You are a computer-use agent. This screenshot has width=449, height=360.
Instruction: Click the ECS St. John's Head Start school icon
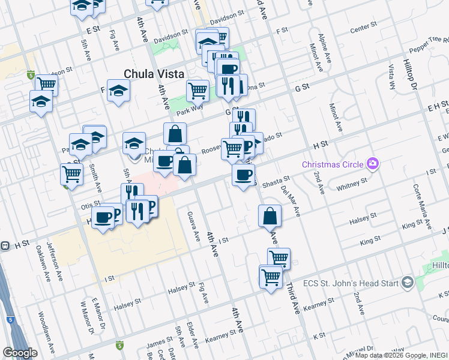[x=408, y=282]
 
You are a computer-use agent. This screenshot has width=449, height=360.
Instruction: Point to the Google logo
[x=19, y=353]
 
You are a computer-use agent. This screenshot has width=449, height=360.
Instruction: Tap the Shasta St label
[x=276, y=179]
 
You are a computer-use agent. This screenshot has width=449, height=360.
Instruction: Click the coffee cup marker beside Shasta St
[x=243, y=175]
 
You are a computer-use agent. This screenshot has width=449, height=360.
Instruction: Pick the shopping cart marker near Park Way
[x=197, y=91]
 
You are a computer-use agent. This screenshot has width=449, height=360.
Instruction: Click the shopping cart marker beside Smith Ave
[x=71, y=174]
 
